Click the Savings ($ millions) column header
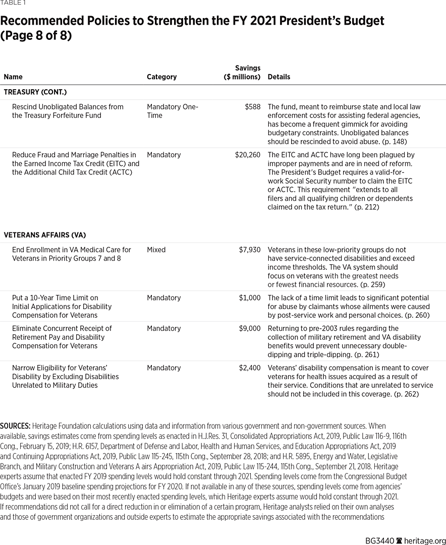[242, 73]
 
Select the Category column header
[161, 77]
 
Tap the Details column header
[278, 77]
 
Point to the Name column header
[13, 77]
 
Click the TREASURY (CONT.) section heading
[35, 92]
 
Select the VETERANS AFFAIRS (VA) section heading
[45, 235]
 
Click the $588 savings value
[252, 107]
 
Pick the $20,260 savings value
[248, 155]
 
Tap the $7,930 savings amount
[250, 250]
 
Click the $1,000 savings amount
[250, 298]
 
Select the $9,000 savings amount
[250, 329]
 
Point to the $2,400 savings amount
[250, 368]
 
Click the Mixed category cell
[156, 250]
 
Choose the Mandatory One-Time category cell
[172, 111]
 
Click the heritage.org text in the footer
[425, 540]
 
